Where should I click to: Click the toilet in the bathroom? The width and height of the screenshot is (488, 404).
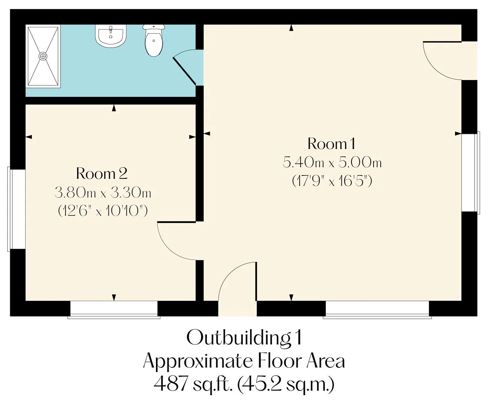[x=154, y=40]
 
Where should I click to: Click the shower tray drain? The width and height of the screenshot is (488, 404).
[x=43, y=56]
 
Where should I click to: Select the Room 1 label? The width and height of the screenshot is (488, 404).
[x=331, y=144]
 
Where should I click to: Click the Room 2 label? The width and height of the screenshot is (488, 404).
[x=102, y=174]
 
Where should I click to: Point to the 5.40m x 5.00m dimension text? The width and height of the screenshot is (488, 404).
[x=332, y=162]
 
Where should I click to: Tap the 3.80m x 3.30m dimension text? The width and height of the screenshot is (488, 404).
[x=103, y=193]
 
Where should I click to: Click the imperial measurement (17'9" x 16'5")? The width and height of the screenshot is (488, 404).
[x=332, y=181]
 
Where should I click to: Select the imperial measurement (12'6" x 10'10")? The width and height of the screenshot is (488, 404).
[x=103, y=211]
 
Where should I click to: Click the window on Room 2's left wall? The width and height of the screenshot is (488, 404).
[x=16, y=209]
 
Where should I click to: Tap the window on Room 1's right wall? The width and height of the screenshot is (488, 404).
[x=471, y=173]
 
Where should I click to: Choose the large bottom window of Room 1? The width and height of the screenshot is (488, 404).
[x=377, y=310]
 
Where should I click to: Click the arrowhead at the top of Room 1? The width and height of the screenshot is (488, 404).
[x=291, y=28]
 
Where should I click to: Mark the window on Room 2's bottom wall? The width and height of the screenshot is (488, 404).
[x=114, y=310]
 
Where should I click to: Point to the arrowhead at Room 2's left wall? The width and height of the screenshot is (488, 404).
[x=28, y=137]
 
